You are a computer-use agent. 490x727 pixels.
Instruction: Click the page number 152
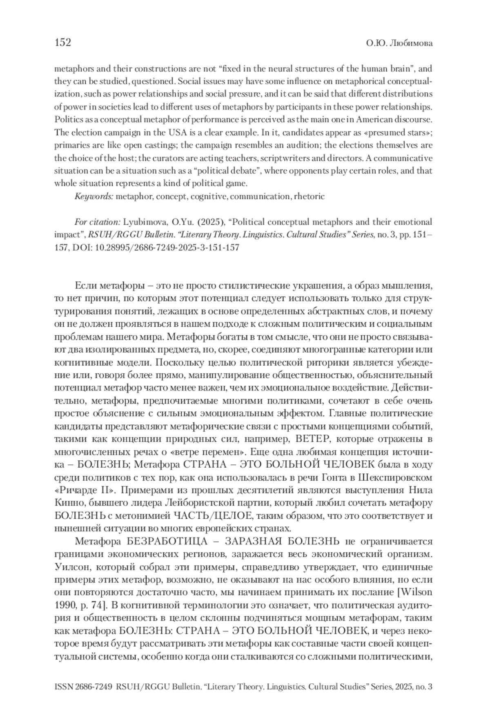point(63,42)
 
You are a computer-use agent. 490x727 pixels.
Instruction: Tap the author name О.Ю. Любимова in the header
point(399,43)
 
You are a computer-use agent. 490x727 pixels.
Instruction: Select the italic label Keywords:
point(94,196)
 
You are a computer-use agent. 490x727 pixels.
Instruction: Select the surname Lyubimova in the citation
point(142,222)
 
